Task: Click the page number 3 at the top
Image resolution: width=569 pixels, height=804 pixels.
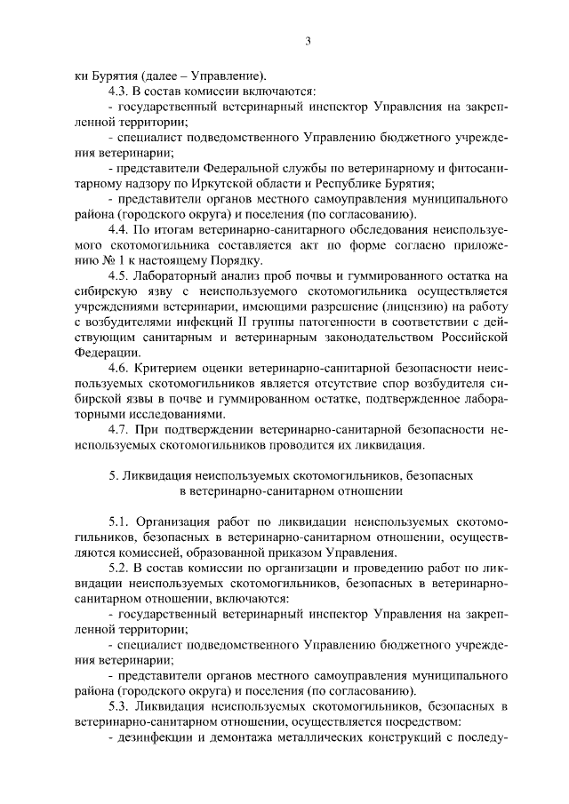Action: (307, 41)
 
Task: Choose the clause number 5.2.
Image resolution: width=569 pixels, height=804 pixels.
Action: (117, 568)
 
